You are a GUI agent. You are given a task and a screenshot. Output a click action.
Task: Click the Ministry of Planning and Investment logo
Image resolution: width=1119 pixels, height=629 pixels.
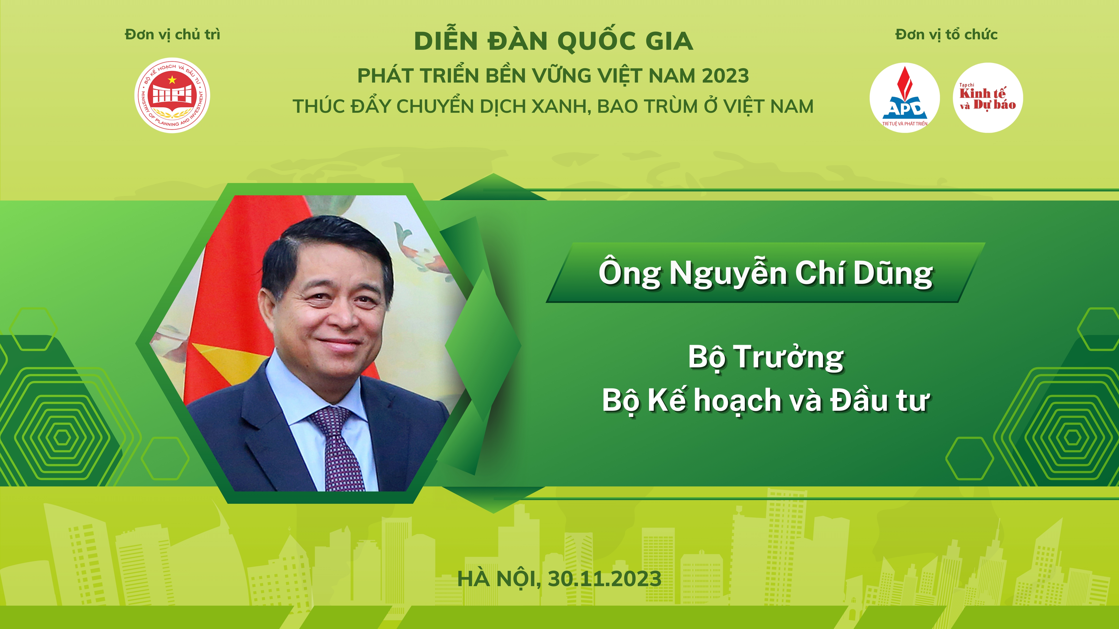pyautogui.click(x=173, y=95)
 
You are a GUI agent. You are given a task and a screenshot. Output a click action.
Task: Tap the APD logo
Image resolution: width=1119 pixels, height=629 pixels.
pyautogui.click(x=905, y=98)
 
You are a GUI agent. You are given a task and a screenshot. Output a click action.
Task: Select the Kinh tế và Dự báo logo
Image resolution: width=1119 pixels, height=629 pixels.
pyautogui.click(x=988, y=98)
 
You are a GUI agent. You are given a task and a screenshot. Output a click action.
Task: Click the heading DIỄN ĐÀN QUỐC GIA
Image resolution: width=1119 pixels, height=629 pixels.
pyautogui.click(x=553, y=41)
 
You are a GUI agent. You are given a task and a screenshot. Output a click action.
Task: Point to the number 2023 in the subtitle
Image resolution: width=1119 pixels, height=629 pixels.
pyautogui.click(x=725, y=76)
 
